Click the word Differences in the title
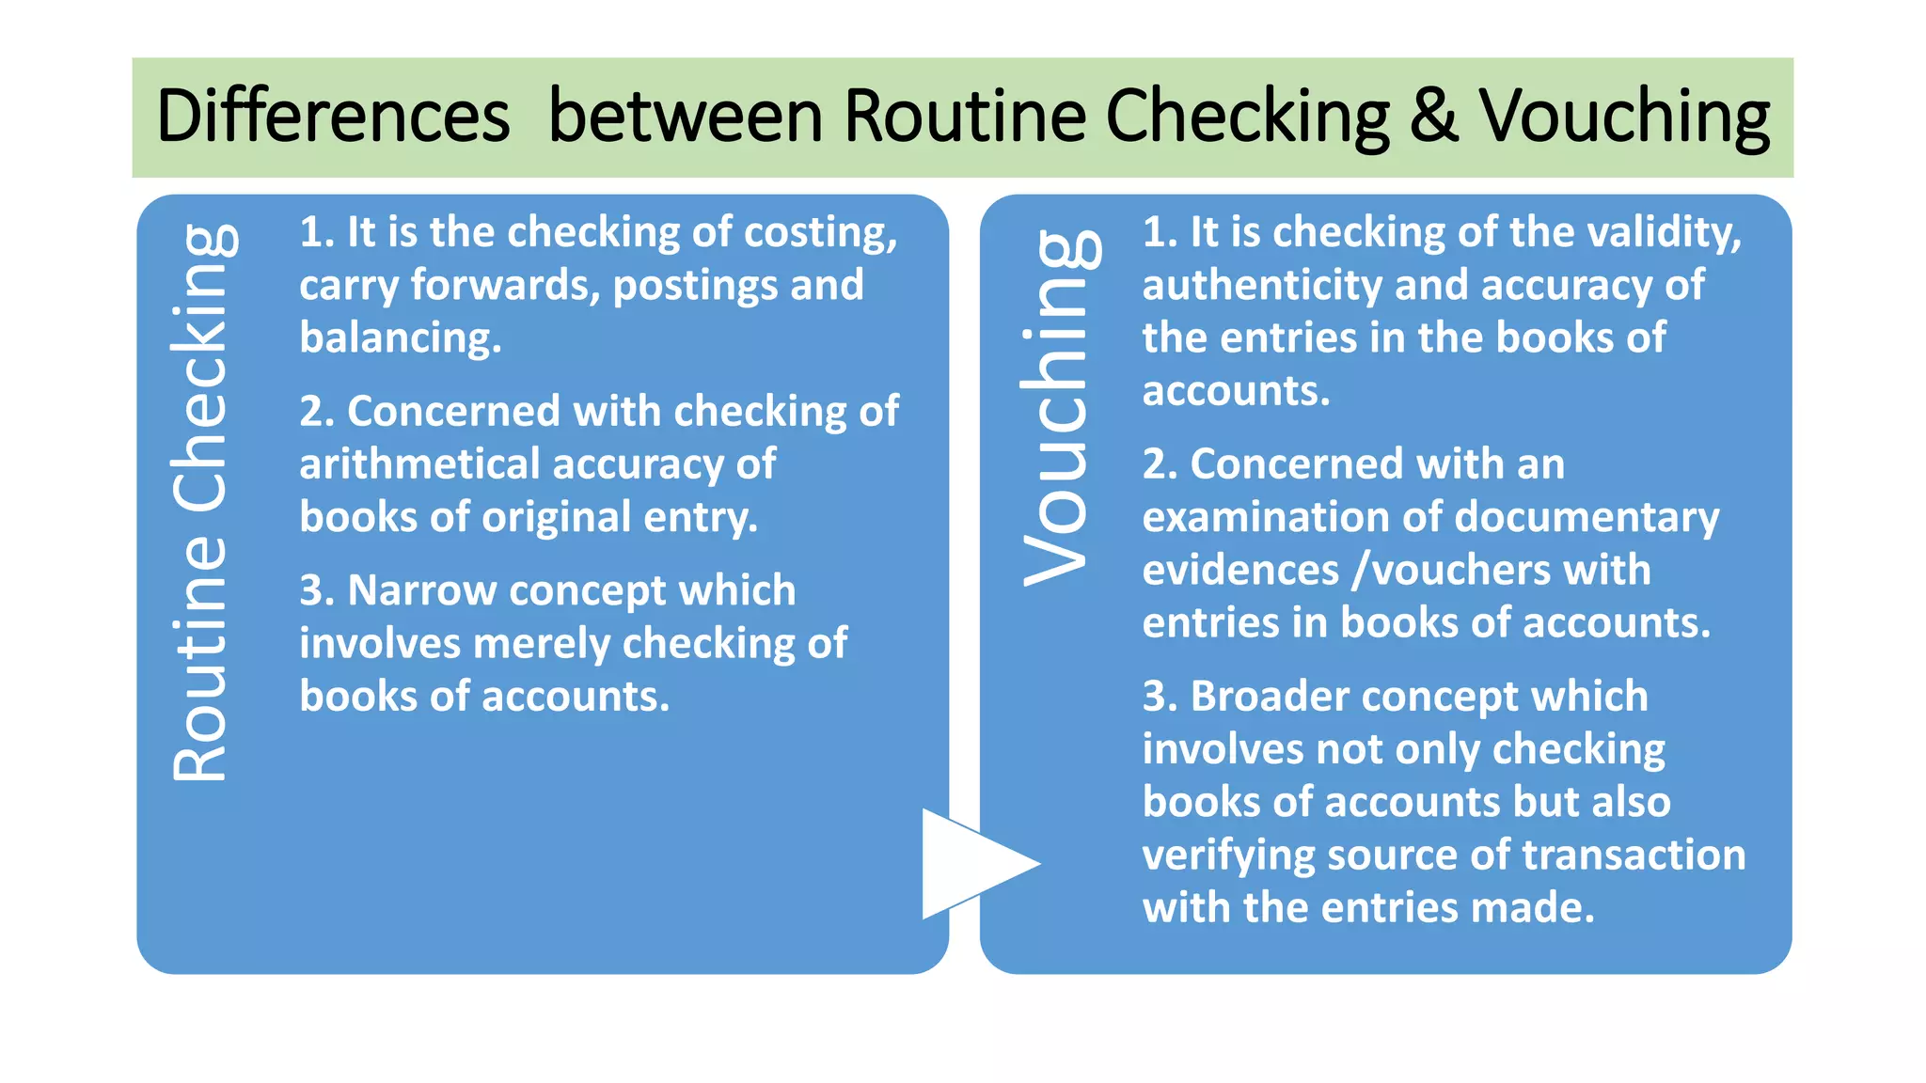click(x=333, y=117)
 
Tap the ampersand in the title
click(x=1433, y=117)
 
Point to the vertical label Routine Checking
click(x=200, y=503)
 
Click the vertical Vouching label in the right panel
click(x=1057, y=408)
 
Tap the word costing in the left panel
click(x=820, y=233)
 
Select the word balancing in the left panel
click(x=400, y=338)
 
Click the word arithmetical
click(x=419, y=464)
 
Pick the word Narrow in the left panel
click(x=420, y=590)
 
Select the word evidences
click(x=1239, y=571)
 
